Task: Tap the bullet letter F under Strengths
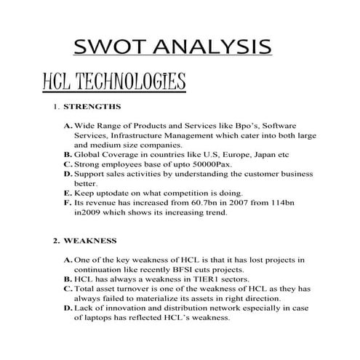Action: [x=68, y=204]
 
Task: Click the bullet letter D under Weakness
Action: [x=68, y=308]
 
